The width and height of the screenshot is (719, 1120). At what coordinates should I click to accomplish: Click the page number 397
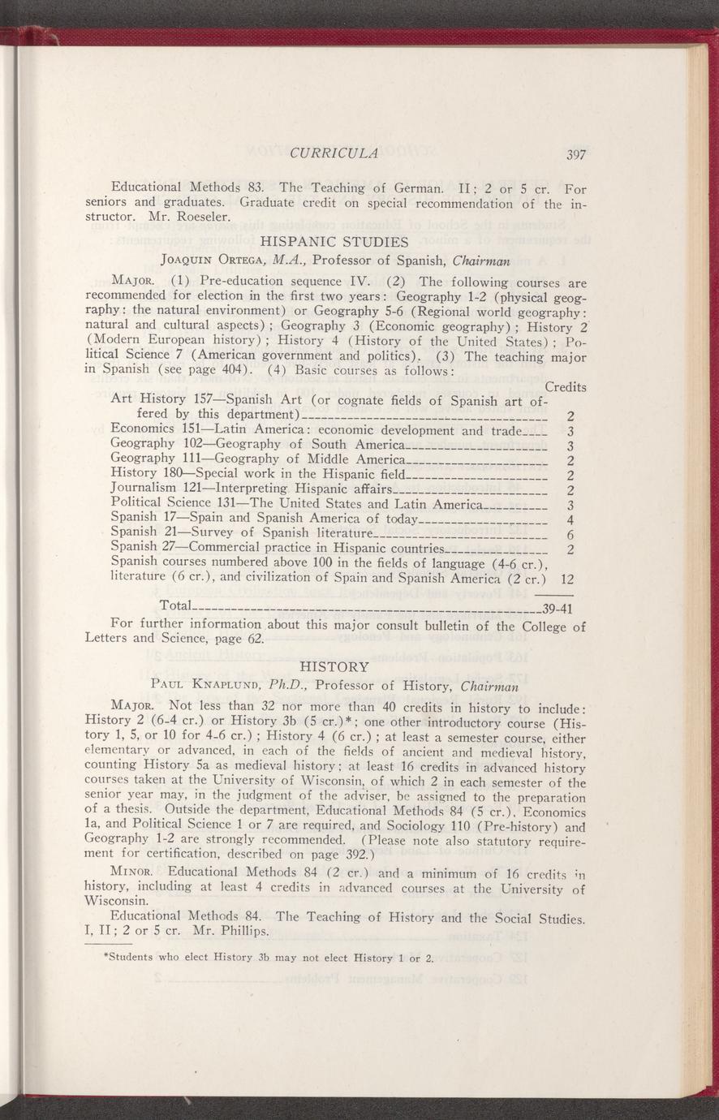[x=576, y=155]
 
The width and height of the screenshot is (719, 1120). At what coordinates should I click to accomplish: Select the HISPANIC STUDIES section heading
[x=334, y=242]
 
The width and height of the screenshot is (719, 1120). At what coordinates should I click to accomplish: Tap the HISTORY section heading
[x=334, y=666]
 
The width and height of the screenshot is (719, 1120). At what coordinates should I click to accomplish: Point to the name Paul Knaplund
[x=205, y=685]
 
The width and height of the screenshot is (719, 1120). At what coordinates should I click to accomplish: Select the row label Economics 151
[x=155, y=429]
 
